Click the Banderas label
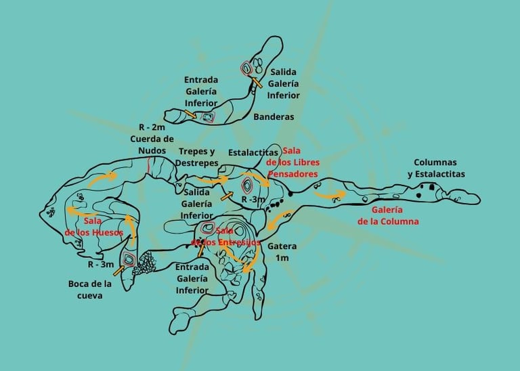click(x=274, y=116)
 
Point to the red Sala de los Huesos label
click(x=94, y=226)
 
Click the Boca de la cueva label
click(x=89, y=289)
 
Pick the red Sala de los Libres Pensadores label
click(x=292, y=162)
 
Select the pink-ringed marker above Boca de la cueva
click(x=129, y=259)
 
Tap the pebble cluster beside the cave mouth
click(x=144, y=267)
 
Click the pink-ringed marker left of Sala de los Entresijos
click(x=207, y=228)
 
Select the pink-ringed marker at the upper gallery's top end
click(x=247, y=68)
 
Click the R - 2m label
click(x=152, y=127)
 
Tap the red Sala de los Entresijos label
click(x=226, y=236)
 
